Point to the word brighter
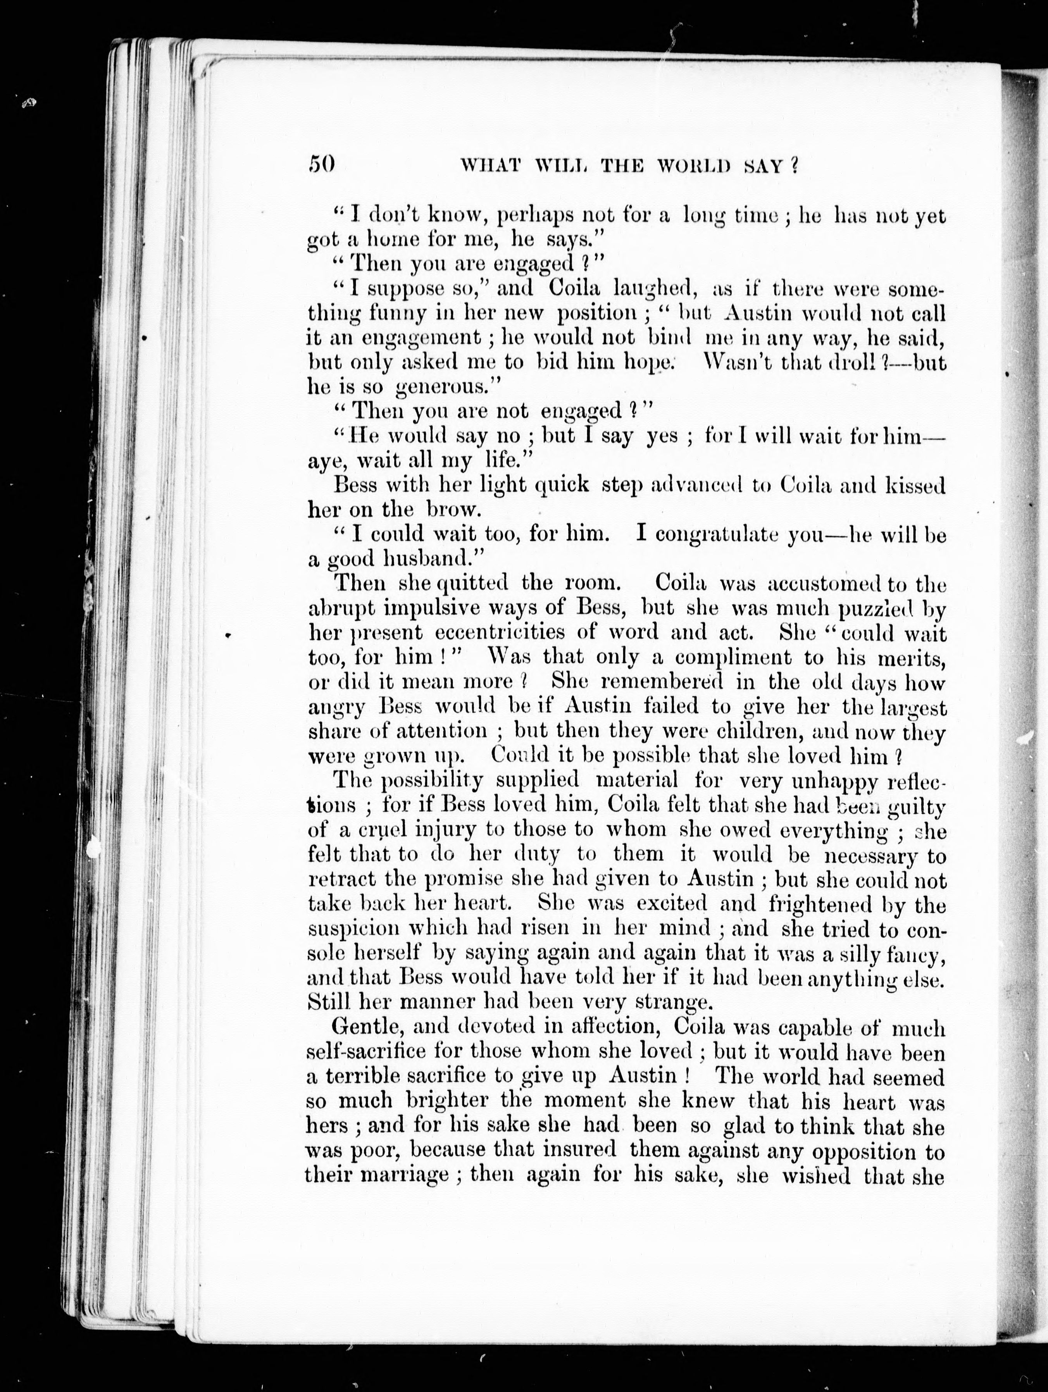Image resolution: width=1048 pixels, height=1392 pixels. pos(450,1101)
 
